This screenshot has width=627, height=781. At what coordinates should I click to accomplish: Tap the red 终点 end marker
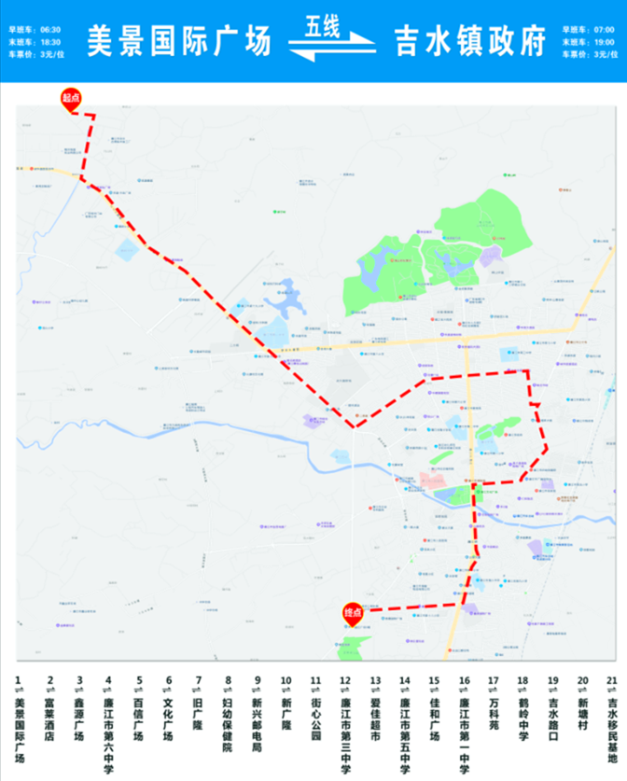pyautogui.click(x=353, y=613)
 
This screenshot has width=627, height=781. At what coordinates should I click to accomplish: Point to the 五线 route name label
pyautogui.click(x=322, y=29)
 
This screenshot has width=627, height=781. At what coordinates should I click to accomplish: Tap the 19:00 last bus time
pyautogui.click(x=604, y=42)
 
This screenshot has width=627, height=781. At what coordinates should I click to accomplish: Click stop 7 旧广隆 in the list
pyautogui.click(x=198, y=708)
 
